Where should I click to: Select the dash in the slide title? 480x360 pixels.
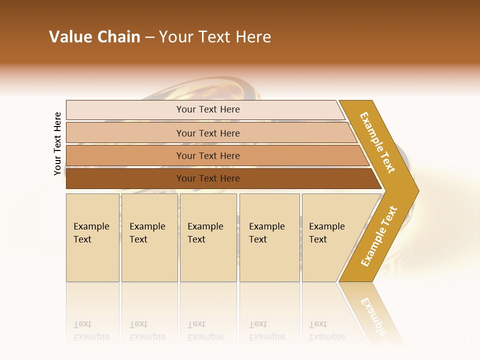point(149,37)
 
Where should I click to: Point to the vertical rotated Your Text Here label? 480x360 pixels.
point(57,143)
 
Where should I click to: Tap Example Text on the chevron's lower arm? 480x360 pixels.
point(379,236)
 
